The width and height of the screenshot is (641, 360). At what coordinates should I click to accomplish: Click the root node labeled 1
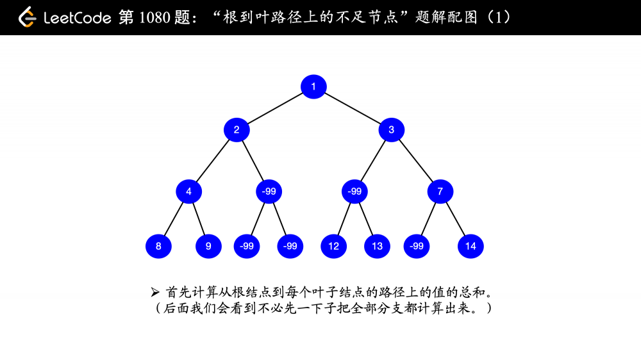pos(313,86)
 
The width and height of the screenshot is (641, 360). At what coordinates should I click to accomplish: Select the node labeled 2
pos(237,130)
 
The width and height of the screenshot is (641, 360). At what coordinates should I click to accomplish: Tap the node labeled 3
pos(391,130)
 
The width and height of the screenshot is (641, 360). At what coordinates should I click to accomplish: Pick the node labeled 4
pos(189,192)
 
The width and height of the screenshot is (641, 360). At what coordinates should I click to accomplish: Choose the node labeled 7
pos(440,192)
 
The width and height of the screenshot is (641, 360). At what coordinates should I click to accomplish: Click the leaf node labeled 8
pos(158,246)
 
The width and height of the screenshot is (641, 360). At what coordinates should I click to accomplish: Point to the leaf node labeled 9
pos(208,246)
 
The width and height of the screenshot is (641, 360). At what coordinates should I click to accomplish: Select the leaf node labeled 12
pos(333,246)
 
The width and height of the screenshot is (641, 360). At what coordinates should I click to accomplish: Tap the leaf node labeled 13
pos(377,246)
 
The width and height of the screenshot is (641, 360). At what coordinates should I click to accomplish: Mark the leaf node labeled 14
pos(470,246)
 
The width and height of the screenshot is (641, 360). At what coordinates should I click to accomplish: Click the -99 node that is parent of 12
pos(354,192)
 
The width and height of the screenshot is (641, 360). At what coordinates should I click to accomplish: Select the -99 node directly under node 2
pos(269,192)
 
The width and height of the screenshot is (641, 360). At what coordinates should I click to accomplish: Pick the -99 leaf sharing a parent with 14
pos(417,246)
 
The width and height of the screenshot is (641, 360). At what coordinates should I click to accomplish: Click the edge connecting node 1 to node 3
pos(353,108)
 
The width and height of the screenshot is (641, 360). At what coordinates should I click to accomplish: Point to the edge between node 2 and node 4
pos(213,161)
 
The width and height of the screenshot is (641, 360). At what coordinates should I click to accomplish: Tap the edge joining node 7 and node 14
pos(455,218)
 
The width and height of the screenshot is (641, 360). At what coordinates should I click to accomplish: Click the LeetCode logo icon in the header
pos(27,17)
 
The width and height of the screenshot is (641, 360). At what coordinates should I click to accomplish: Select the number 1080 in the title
pos(154,17)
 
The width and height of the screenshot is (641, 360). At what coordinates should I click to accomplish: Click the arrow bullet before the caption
pos(155,291)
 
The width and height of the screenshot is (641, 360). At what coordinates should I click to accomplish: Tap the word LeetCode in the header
pos(78,18)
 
